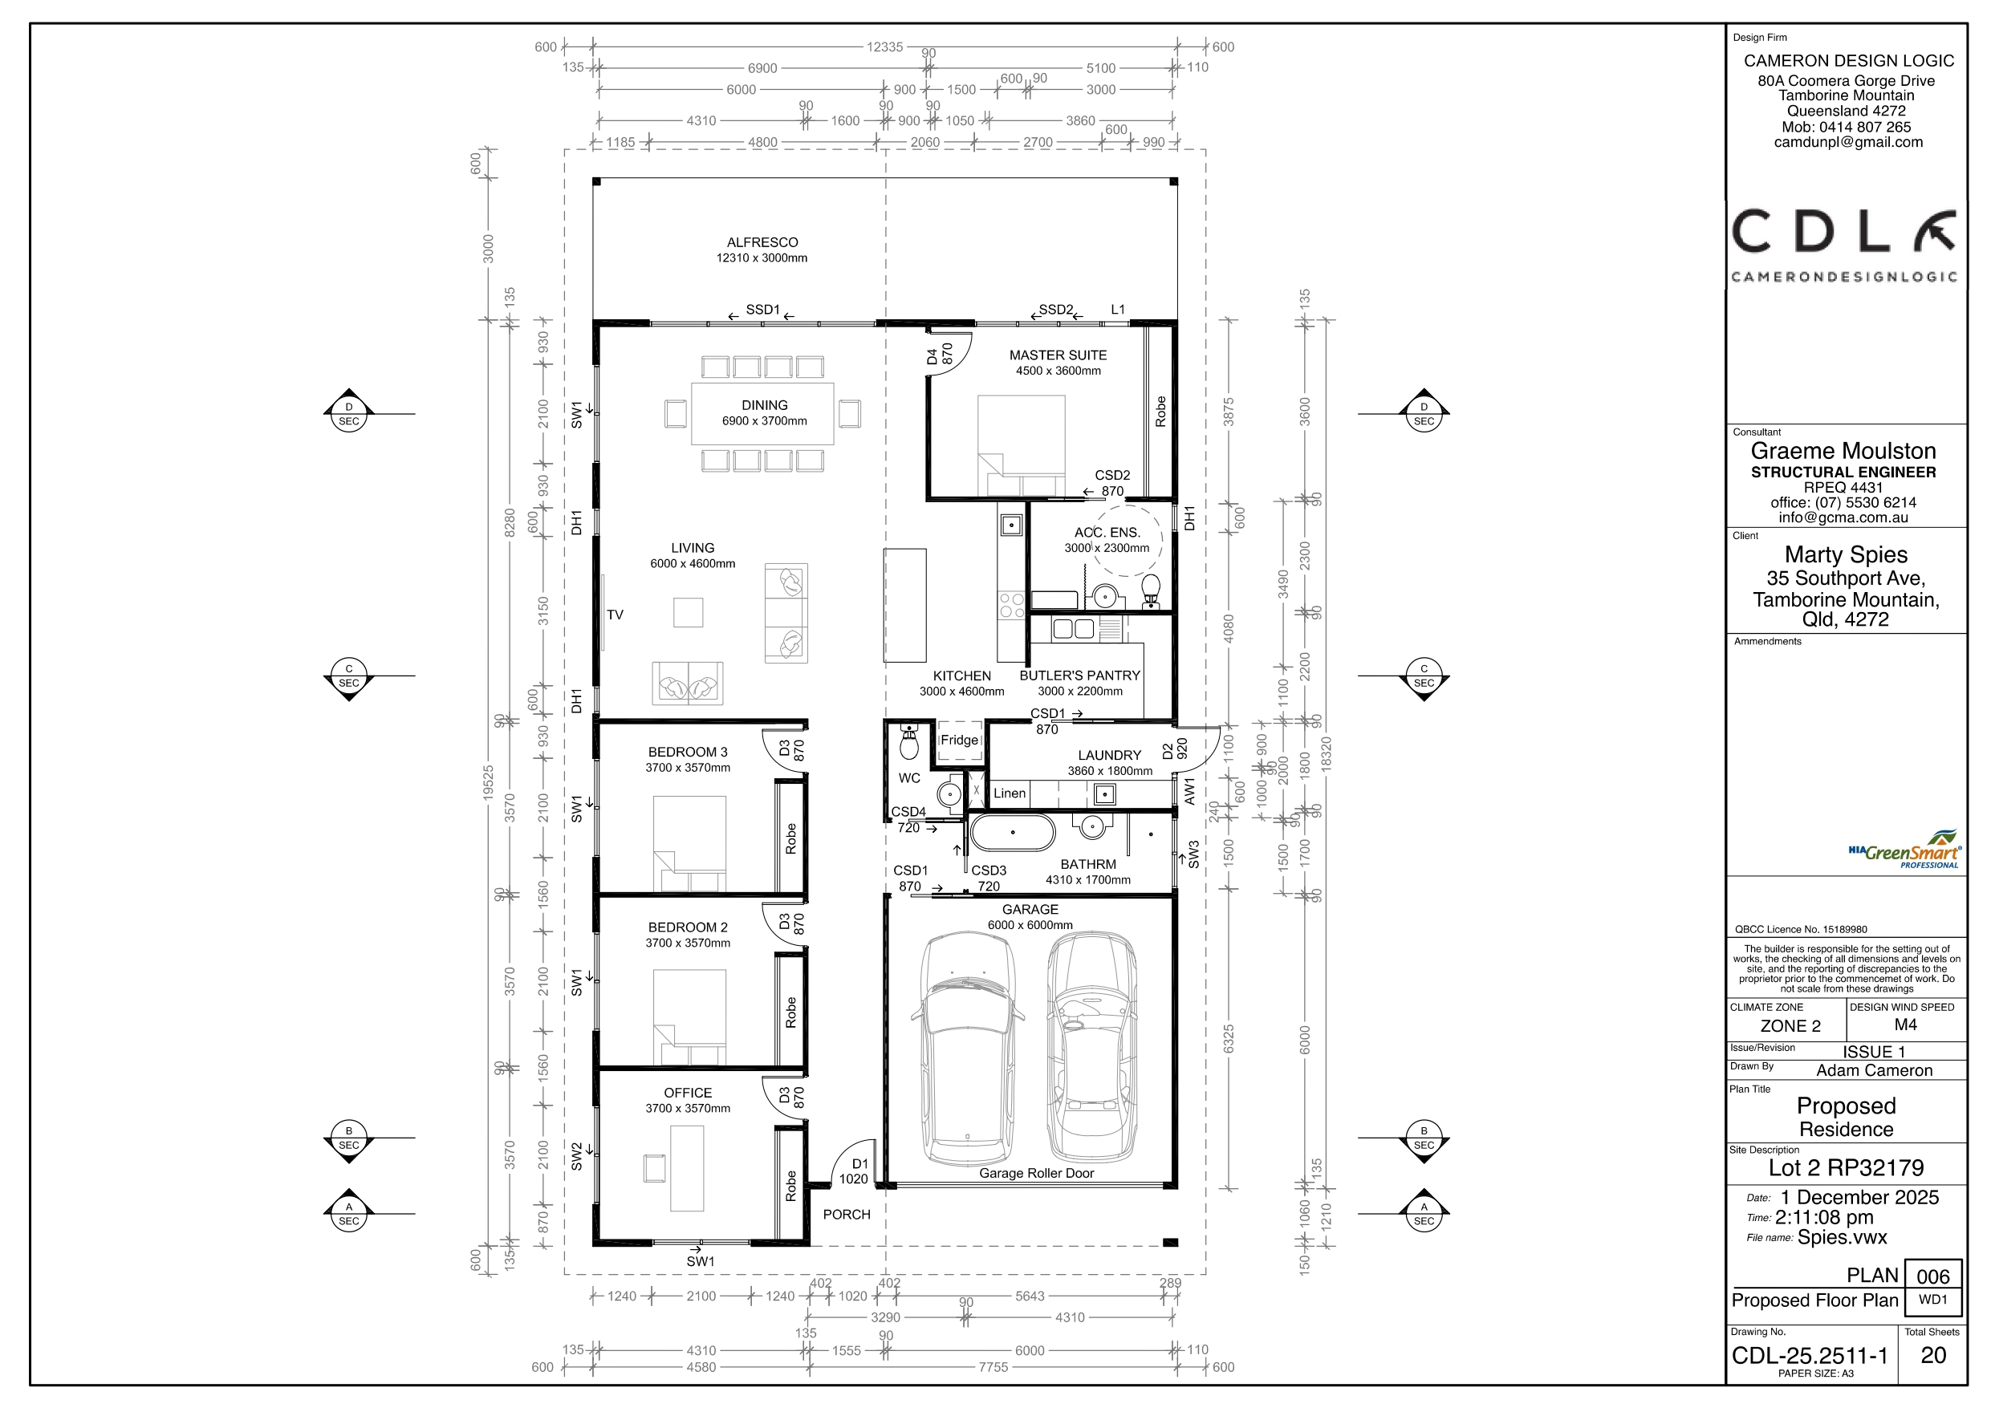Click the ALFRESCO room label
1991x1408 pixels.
tap(762, 243)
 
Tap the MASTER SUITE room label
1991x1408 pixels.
tap(1058, 355)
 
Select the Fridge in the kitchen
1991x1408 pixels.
tap(959, 741)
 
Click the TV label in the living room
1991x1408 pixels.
tap(615, 615)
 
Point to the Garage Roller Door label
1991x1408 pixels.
tap(1036, 1174)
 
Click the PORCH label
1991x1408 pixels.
tap(847, 1215)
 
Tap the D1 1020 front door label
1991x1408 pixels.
tap(854, 1171)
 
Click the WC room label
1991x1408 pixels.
tap(908, 778)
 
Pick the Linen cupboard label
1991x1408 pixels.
tap(1010, 793)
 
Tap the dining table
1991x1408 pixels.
tap(762, 413)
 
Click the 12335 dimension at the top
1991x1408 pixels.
tap(884, 47)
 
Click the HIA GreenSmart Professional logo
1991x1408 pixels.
tap(1904, 850)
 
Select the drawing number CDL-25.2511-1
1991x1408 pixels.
tap(1810, 1356)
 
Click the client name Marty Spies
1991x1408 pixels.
tap(1847, 555)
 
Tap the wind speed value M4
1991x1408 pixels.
tap(1906, 1025)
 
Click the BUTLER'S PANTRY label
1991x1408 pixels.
tap(1079, 676)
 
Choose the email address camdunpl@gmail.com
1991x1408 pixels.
tap(1848, 142)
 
